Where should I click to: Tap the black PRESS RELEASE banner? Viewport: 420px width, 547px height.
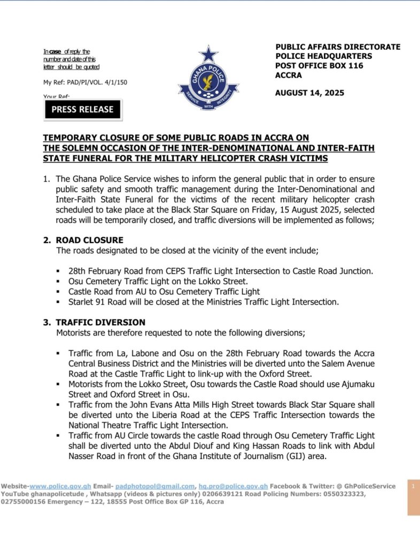82,110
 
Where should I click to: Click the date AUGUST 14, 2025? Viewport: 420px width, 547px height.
309,93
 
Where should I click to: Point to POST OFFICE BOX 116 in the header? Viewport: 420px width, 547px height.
319,66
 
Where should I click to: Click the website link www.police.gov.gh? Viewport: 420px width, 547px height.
60,486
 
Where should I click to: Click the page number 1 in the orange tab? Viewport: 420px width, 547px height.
413,486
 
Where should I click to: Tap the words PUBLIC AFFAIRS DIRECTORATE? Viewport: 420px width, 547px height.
338,47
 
